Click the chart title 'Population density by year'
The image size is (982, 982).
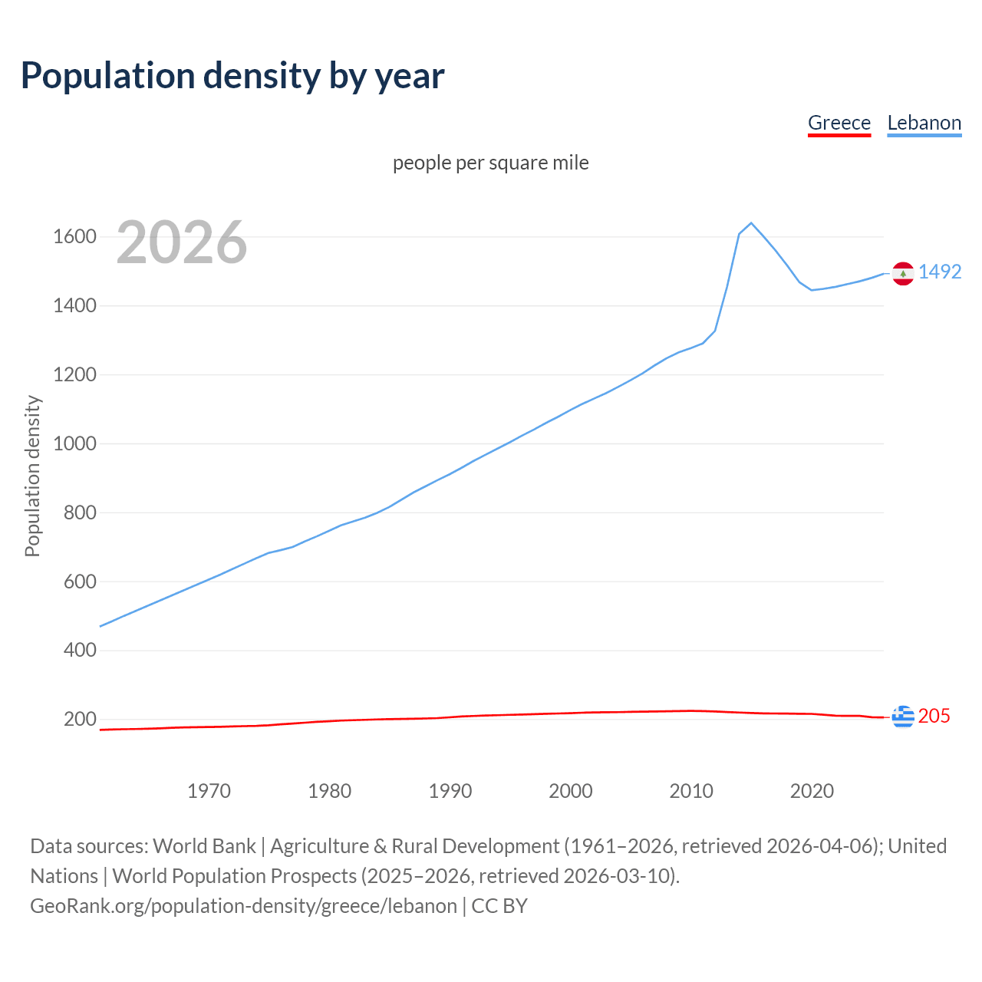pos(232,76)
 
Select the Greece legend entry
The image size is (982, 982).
pos(839,123)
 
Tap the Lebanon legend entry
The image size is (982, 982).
pos(924,123)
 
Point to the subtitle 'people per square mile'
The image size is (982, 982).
pos(490,163)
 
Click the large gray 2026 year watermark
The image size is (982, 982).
pos(182,242)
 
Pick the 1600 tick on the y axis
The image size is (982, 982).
pos(74,236)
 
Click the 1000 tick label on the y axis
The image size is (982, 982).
pos(74,443)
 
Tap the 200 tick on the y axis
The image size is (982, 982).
pos(80,719)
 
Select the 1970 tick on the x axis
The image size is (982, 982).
pos(209,791)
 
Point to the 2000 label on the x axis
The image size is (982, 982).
pos(571,791)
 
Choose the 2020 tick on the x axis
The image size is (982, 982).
pos(812,791)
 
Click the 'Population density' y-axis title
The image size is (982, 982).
pos(32,476)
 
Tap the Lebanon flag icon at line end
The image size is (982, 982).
pos(903,273)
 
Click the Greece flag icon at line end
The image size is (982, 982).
pos(903,717)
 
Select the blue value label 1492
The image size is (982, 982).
pos(940,272)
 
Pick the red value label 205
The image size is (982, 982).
pos(934,716)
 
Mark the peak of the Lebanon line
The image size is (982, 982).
pos(751,223)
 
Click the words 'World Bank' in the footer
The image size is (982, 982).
pos(204,845)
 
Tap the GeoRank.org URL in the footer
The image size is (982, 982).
pos(243,905)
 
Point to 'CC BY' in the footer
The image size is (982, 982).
pos(499,905)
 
